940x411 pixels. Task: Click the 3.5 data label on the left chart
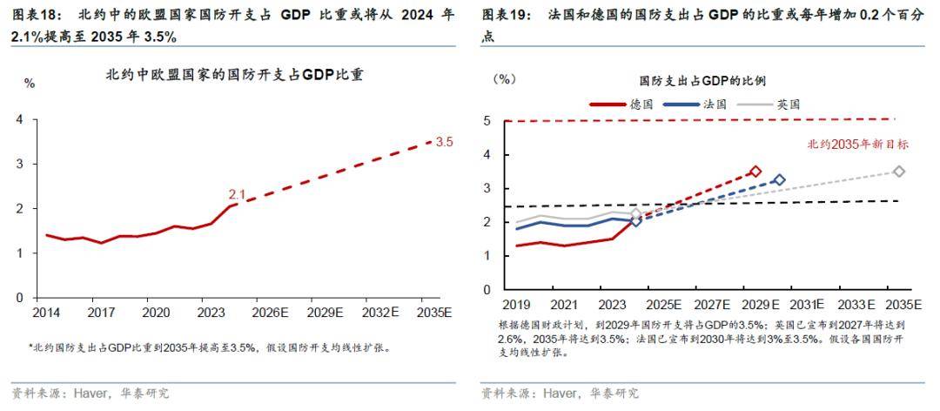point(444,141)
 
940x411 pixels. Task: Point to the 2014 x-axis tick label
point(46,312)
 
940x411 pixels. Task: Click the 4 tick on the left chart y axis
point(20,118)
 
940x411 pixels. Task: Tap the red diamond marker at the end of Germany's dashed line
point(755,172)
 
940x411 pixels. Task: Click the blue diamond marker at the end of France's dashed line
point(779,179)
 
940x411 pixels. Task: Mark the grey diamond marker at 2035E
point(899,172)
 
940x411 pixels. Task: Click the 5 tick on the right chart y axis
point(487,121)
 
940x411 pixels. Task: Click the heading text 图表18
point(32,15)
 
